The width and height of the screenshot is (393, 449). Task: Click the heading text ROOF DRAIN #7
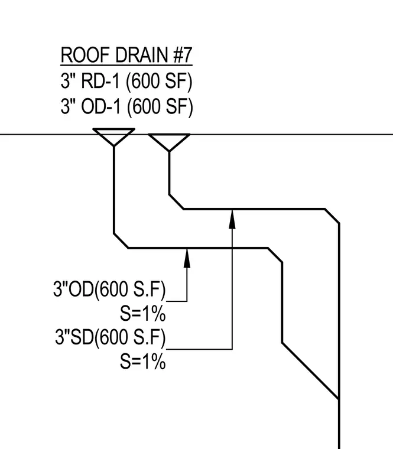[x=126, y=55]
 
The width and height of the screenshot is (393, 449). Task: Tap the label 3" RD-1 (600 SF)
[x=126, y=81]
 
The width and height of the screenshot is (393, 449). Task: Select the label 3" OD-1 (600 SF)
[x=126, y=107]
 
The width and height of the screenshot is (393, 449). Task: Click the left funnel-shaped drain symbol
[x=113, y=137]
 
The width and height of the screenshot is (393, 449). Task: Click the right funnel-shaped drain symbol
[x=169, y=142]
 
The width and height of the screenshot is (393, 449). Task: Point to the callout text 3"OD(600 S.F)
[x=109, y=289]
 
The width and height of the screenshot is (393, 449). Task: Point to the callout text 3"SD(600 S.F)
[x=111, y=337]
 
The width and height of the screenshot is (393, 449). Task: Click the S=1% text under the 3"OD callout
[x=142, y=313]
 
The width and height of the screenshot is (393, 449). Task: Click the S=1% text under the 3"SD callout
[x=142, y=361]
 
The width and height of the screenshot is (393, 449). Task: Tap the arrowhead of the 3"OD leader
[x=187, y=258]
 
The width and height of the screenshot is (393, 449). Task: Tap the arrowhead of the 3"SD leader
[x=232, y=219]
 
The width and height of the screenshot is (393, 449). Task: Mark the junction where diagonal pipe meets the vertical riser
[x=339, y=399]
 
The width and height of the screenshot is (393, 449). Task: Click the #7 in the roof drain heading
[x=183, y=55]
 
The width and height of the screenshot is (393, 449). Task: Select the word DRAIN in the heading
[x=141, y=55]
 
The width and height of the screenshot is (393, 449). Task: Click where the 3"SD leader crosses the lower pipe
[x=232, y=248]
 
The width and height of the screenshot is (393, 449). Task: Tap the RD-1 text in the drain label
[x=100, y=81]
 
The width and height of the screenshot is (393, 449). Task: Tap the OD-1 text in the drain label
[x=100, y=107]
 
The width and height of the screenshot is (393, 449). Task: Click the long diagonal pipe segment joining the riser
[x=311, y=370]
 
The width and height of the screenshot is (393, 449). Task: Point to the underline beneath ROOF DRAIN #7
[x=126, y=65]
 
